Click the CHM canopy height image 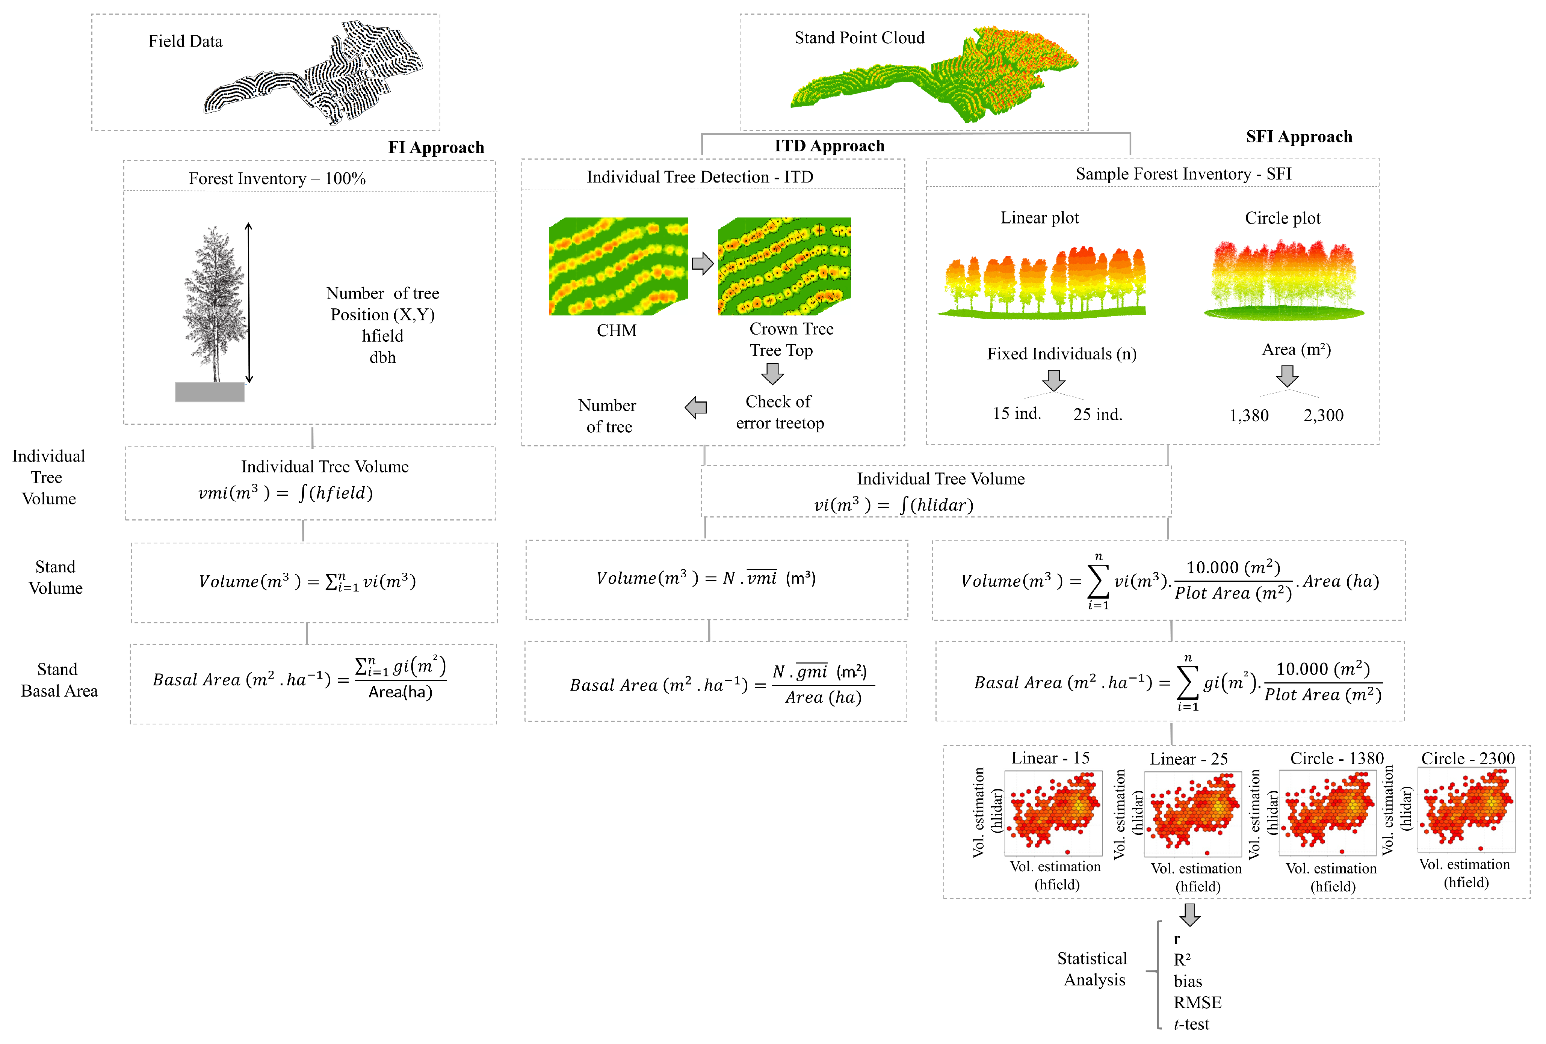coord(618,266)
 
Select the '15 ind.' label coord(1017,413)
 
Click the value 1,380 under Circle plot coord(1249,416)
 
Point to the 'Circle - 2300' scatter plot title coord(1467,759)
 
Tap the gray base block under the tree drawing coord(210,392)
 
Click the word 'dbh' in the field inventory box coord(382,358)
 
